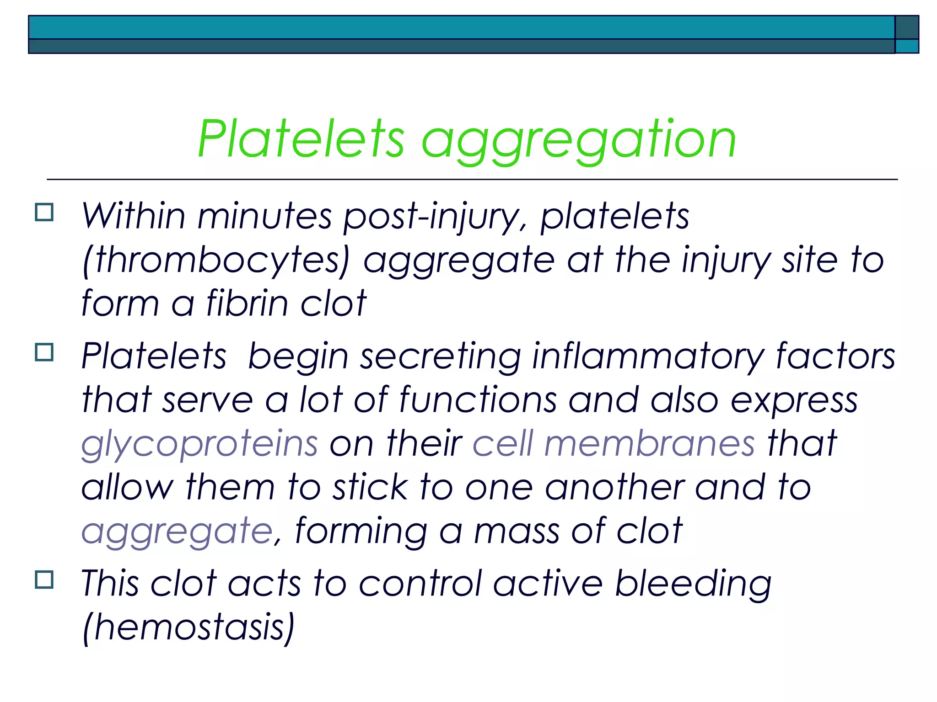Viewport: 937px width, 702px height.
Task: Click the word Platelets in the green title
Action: point(301,139)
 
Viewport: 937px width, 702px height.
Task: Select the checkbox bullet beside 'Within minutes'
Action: point(44,213)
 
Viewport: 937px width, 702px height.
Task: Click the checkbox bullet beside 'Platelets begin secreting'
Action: point(44,352)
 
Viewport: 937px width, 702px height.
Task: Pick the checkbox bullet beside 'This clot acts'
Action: point(44,580)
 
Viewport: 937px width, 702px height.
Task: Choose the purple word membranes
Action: point(649,443)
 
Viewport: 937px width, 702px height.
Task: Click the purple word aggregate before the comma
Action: point(178,532)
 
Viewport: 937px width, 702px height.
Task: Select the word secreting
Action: point(441,356)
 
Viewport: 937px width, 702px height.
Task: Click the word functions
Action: point(478,400)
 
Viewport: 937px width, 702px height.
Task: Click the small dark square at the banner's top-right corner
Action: point(906,27)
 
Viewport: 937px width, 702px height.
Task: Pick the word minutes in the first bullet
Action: point(264,216)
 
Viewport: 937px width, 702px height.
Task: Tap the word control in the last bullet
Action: point(420,584)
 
